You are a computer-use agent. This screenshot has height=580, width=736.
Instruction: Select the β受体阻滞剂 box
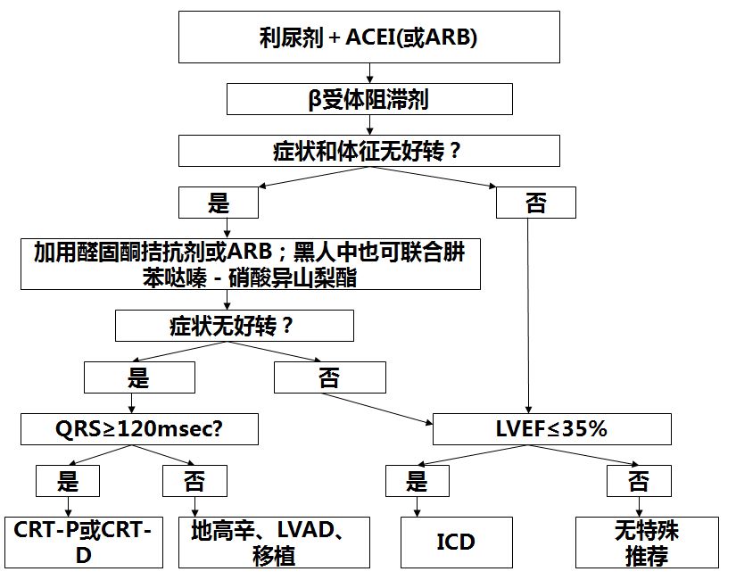coord(369,98)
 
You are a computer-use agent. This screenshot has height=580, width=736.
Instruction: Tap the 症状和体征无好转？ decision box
coord(369,151)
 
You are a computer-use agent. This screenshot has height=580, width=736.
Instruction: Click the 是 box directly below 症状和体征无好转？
coord(219,203)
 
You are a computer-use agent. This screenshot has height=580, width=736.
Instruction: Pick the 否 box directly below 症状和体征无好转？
coord(536,203)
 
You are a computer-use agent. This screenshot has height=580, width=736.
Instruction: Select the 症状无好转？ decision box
coord(234,325)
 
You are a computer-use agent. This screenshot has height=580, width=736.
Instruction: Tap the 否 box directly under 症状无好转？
coord(329,379)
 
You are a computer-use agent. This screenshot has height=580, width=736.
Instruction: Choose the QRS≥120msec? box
coord(140,429)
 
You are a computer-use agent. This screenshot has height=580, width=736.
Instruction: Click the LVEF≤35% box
coord(551,429)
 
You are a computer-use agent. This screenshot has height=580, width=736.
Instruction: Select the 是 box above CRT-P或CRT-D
coord(69,483)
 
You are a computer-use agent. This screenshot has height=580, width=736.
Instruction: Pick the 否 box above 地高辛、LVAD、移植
coord(194,483)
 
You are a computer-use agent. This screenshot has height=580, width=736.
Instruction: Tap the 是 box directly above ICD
coord(418,483)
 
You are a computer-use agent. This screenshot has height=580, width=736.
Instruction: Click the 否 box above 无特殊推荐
coord(639,483)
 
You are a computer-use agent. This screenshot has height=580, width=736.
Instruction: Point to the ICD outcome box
coord(456,542)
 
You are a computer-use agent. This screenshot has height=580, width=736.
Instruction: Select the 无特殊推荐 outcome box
coord(647,542)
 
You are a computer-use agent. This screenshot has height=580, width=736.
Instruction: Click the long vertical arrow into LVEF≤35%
coord(532,312)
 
